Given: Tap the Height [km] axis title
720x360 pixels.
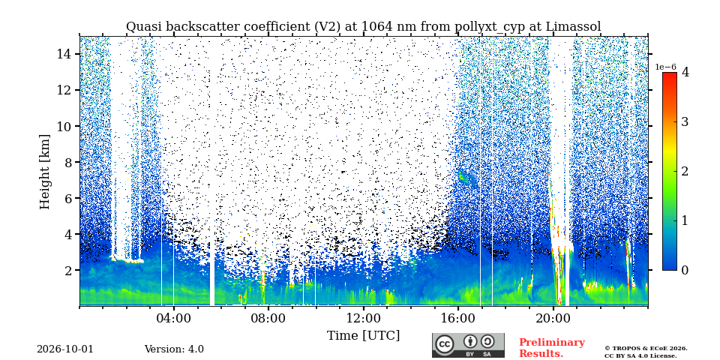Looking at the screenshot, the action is coord(44,172).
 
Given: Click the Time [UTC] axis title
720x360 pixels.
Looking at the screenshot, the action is coord(363,335).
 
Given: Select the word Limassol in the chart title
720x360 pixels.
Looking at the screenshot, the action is coord(573,27).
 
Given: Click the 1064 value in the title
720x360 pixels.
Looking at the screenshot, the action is coord(377,27).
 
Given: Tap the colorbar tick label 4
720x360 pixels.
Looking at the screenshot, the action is coord(685,72).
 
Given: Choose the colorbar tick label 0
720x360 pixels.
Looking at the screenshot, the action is coord(685,270).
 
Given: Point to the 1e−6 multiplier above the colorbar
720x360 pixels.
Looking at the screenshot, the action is coord(666,67).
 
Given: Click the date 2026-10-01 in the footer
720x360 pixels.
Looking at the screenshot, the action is coord(65,349).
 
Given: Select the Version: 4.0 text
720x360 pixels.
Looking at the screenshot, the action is coord(174,349).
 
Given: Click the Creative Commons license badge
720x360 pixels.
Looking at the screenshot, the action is coord(468,345).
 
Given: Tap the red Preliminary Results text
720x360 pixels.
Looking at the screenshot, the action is coord(552,347).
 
